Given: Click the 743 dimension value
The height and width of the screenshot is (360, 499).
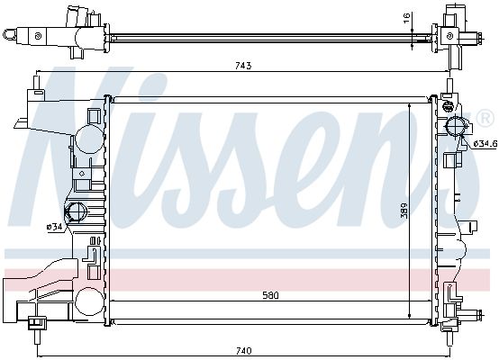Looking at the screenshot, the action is (x=243, y=66).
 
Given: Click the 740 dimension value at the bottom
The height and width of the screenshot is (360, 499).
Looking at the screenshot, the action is (x=243, y=351).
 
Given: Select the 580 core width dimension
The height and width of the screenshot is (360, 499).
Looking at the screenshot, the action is (x=270, y=295).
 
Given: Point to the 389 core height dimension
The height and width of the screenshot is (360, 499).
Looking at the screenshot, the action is (x=404, y=211).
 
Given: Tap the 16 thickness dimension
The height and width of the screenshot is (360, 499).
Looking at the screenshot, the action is (x=406, y=18).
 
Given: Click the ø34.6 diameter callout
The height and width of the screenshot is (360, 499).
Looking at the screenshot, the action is (x=485, y=144).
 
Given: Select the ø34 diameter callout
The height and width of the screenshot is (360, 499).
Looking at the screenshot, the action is (x=54, y=227).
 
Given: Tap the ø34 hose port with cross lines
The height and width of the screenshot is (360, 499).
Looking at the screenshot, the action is (x=75, y=211).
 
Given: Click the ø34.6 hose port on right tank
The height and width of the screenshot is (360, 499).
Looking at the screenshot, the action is (x=456, y=126).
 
